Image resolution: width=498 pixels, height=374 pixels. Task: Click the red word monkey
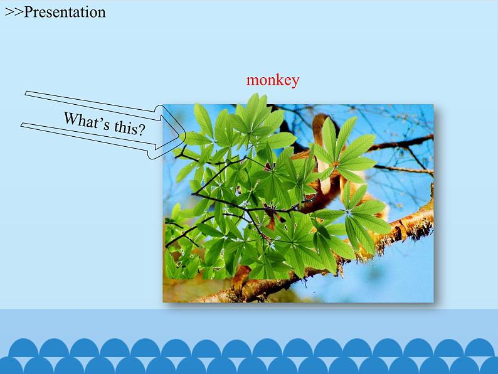273,80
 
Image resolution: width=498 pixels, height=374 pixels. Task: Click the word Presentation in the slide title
65,12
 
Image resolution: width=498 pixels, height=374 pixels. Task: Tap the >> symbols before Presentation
14,13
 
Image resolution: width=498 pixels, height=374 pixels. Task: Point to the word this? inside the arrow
129,128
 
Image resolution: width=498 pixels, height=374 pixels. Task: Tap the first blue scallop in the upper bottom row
23,348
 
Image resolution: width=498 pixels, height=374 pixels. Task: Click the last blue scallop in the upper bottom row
480,348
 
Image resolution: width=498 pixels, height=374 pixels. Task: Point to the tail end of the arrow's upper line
26,93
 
